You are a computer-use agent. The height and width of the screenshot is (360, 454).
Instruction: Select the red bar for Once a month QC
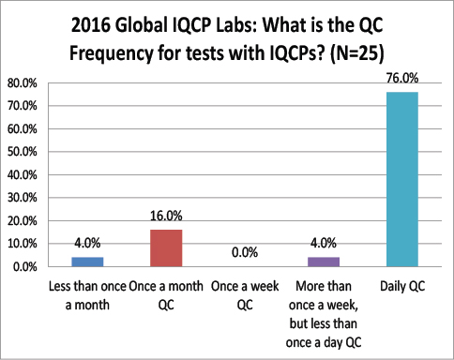tap(165, 247)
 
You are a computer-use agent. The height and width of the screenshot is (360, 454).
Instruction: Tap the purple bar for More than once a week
tap(323, 262)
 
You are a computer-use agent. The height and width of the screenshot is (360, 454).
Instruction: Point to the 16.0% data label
tap(165, 217)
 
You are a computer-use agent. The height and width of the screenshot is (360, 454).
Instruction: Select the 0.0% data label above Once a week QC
tap(244, 253)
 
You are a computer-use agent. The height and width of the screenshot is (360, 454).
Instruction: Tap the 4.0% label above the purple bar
tap(323, 245)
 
